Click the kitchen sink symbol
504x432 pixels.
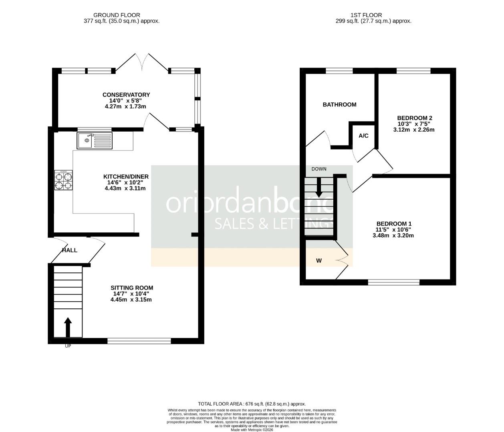tap(95, 140)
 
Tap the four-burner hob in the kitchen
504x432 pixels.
tap(64, 180)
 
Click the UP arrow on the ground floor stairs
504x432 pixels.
tap(68, 327)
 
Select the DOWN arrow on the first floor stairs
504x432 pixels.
tap(319, 186)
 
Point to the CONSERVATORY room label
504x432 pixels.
tap(126, 95)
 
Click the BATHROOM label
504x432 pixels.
tap(339, 104)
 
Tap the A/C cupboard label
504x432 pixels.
tap(363, 136)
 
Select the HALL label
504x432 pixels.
tap(69, 250)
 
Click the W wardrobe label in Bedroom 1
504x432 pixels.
tap(319, 261)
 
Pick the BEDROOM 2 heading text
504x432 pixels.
tap(414, 118)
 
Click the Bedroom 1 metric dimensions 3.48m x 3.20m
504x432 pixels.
tap(393, 236)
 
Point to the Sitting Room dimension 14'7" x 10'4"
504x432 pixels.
tap(132, 294)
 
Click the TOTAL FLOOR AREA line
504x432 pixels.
tap(252, 404)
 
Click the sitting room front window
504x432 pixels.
tap(139, 341)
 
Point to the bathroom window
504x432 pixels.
tap(339, 71)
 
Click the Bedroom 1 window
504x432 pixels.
tap(393, 282)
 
